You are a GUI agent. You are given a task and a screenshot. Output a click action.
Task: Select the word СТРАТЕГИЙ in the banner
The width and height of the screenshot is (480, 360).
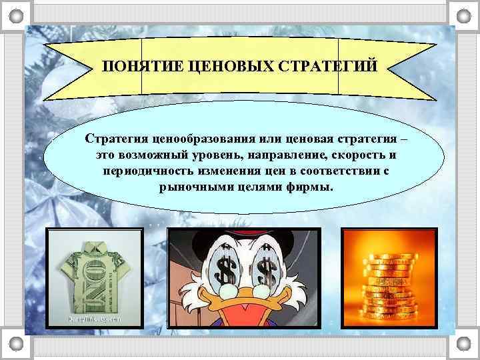point(325,67)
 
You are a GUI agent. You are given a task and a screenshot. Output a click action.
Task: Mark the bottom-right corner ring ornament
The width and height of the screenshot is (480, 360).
point(463,343)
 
